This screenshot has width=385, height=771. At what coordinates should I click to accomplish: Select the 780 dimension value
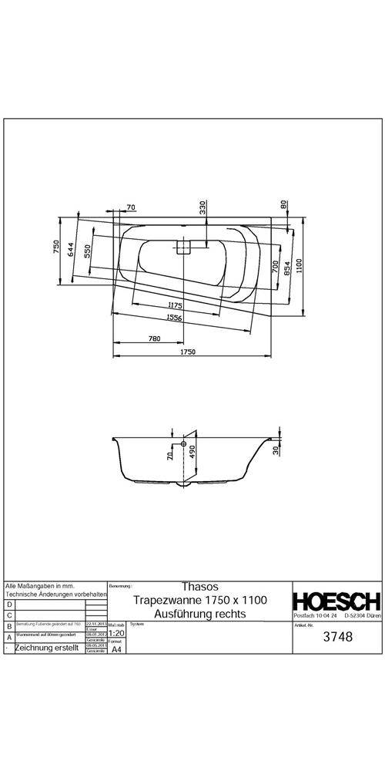pyautogui.click(x=154, y=338)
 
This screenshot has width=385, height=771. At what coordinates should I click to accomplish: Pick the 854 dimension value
pyautogui.click(x=286, y=267)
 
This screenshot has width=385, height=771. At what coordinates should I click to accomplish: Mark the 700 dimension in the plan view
pyautogui.click(x=275, y=266)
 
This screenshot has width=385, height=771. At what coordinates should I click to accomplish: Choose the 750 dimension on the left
pyautogui.click(x=56, y=247)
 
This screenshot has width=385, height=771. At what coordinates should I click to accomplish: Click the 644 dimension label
pyautogui.click(x=70, y=250)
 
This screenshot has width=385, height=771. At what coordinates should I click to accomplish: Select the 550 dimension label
pyautogui.click(x=88, y=251)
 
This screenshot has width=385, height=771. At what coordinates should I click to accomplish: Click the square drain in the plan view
pyautogui.click(x=184, y=247)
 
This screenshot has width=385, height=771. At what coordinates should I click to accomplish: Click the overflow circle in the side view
pyautogui.click(x=182, y=446)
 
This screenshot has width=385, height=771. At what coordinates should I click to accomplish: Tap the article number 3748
pyautogui.click(x=336, y=637)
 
